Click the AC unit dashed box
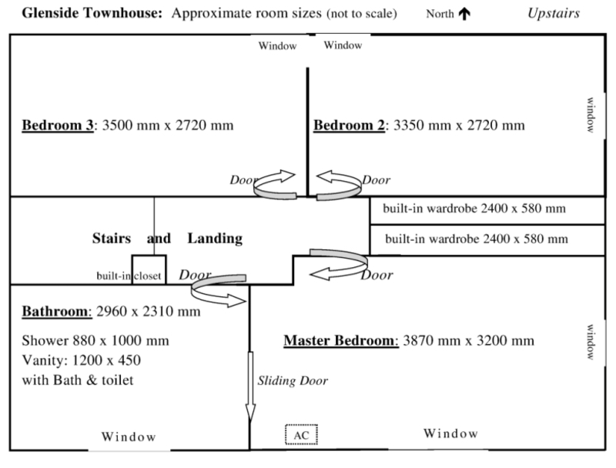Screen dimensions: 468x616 pos(302,435)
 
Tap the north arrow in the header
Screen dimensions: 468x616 pos(464,15)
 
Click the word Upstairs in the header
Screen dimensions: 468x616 pos(554,14)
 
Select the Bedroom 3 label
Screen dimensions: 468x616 pos(58,125)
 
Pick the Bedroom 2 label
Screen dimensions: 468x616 pos(349,125)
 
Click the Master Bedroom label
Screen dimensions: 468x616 pos(340,339)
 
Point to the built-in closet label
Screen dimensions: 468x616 pos(129,275)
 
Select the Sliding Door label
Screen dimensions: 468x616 pos(293,380)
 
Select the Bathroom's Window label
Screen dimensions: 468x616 pos(128,436)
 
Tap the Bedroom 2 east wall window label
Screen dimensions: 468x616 pos(591,116)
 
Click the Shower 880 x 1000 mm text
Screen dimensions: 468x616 pos(95,340)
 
